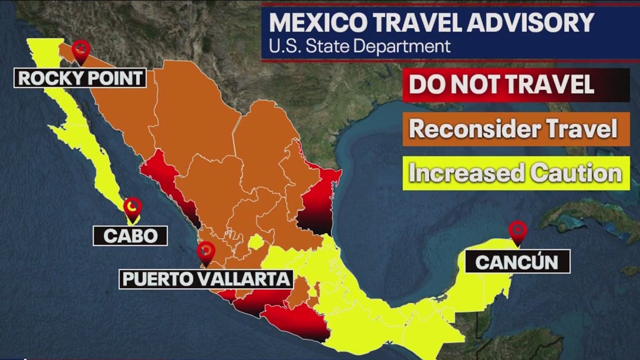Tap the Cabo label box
pyautogui.click(x=130, y=235)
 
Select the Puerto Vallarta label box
pyautogui.click(x=206, y=278)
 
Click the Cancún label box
pyautogui.click(x=517, y=261)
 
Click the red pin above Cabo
pyautogui.click(x=134, y=207)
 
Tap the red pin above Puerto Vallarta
pyautogui.click(x=206, y=253)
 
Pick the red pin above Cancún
pyautogui.click(x=517, y=231)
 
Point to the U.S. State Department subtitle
pyautogui.click(x=360, y=46)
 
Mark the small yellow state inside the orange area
pyautogui.click(x=255, y=242)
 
